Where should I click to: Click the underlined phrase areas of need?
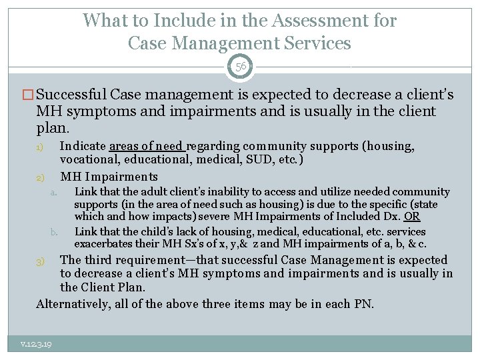[x=147, y=146]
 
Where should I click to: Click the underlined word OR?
[x=413, y=216]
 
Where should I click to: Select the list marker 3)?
[x=40, y=261]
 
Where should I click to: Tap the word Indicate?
[x=83, y=146]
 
